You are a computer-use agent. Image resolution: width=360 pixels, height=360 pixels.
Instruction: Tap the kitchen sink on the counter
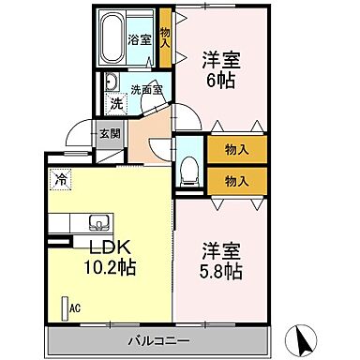point(97,222)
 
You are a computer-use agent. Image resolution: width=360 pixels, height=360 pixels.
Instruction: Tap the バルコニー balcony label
point(156,340)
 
